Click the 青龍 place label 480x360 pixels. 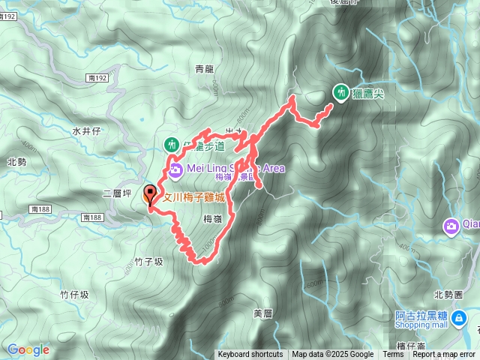tap(204, 68)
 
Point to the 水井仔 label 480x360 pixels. tap(86, 130)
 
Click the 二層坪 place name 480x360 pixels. tap(117, 193)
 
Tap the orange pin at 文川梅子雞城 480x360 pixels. tap(149, 194)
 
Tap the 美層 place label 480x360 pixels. tap(262, 313)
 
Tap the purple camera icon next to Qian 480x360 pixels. tap(451, 225)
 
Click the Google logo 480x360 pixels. tap(28, 349)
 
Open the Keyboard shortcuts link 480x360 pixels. tap(250, 355)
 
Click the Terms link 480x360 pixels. tap(393, 355)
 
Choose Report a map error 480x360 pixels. tap(444, 355)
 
